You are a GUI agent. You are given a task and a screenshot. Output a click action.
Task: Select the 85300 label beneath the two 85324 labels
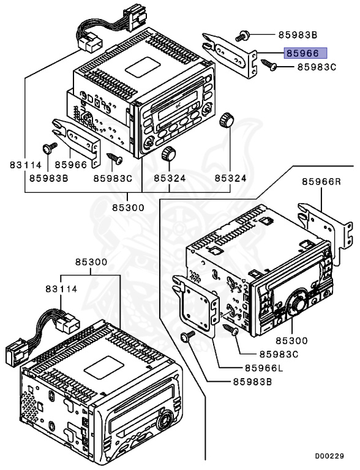128,207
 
